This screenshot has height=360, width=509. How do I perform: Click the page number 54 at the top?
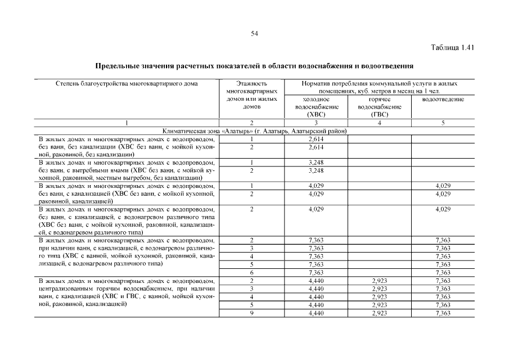click(x=254, y=34)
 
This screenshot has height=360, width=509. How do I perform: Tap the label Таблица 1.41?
click(x=454, y=47)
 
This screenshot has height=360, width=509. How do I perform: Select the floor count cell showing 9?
click(x=251, y=313)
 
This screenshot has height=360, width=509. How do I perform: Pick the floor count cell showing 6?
click(x=251, y=272)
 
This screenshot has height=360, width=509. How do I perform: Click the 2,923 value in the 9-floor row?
click(x=380, y=313)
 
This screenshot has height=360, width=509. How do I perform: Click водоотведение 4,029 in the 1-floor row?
click(x=443, y=186)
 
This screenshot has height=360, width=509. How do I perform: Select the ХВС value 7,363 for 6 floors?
click(x=316, y=272)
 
